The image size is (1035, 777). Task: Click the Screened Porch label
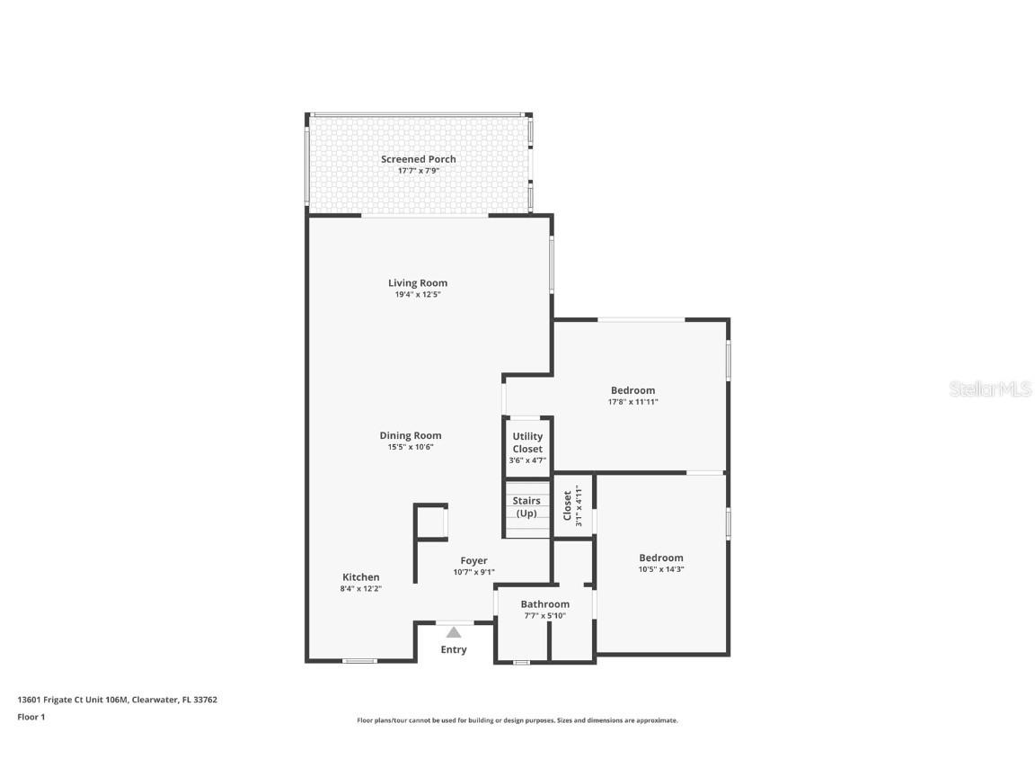(x=418, y=159)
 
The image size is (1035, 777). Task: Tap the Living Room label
(x=418, y=283)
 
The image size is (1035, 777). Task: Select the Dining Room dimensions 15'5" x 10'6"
(x=411, y=447)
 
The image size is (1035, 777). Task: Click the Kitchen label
(x=360, y=577)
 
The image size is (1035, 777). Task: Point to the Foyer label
(x=473, y=560)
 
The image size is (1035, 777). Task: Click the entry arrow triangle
(x=454, y=632)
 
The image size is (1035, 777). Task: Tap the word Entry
(x=454, y=649)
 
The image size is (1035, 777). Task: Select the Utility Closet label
(x=527, y=442)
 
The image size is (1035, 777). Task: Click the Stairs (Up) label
(x=526, y=507)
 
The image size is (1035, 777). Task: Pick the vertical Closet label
(x=567, y=505)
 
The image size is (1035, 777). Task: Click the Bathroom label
(x=544, y=604)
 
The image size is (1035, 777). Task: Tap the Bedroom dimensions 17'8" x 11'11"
(x=632, y=402)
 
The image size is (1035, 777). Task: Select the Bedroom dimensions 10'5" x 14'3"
(x=660, y=569)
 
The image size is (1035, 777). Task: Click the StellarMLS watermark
(x=990, y=389)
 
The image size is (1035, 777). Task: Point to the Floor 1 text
(x=31, y=717)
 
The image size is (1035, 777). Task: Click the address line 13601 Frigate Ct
(x=117, y=700)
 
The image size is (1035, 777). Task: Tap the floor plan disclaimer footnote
(x=517, y=720)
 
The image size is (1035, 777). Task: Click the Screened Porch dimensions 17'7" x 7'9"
(x=418, y=171)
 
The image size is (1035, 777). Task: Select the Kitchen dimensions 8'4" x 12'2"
(x=360, y=589)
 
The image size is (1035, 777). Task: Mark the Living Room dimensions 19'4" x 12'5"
(x=418, y=295)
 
